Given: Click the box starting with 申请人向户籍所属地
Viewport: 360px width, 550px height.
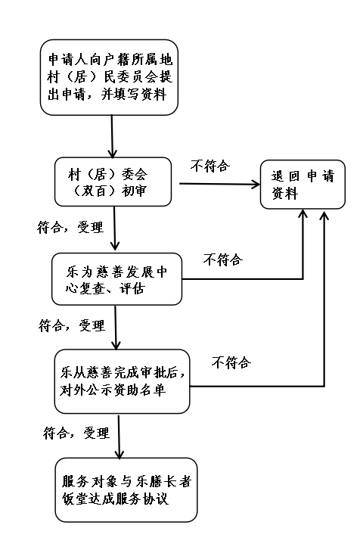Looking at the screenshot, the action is (109, 77).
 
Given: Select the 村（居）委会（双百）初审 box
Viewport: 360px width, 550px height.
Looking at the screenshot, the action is (113, 182).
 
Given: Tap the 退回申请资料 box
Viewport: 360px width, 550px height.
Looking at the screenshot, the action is (303, 185).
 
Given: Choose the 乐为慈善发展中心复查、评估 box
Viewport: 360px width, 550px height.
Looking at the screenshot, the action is (117, 279).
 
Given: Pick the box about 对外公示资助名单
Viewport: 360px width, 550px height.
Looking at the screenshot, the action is (122, 381).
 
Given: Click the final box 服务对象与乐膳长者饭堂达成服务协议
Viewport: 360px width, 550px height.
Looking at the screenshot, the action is (126, 489).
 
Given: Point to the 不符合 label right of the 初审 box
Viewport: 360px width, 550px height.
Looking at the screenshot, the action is (210, 166).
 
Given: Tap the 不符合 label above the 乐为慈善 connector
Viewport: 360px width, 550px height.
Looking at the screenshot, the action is (223, 259).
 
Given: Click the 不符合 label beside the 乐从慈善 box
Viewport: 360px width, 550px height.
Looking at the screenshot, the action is (231, 362).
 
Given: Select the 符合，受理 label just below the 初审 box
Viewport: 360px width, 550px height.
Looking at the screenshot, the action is (70, 227).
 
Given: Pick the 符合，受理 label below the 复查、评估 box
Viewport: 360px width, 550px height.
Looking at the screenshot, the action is (72, 325).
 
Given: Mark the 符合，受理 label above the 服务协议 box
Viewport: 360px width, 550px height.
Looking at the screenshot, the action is (76, 433).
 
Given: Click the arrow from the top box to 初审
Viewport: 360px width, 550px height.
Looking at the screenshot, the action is (112, 136).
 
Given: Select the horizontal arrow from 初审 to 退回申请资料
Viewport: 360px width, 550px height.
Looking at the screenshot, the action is (220, 184).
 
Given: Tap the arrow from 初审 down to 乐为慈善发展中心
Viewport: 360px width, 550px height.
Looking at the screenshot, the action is (114, 228).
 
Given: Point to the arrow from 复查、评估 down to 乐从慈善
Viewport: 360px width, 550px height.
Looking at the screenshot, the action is (116, 328).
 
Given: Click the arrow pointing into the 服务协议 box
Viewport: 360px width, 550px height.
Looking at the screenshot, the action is (119, 437).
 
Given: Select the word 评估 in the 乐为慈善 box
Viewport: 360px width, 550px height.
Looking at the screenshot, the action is (132, 288).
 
